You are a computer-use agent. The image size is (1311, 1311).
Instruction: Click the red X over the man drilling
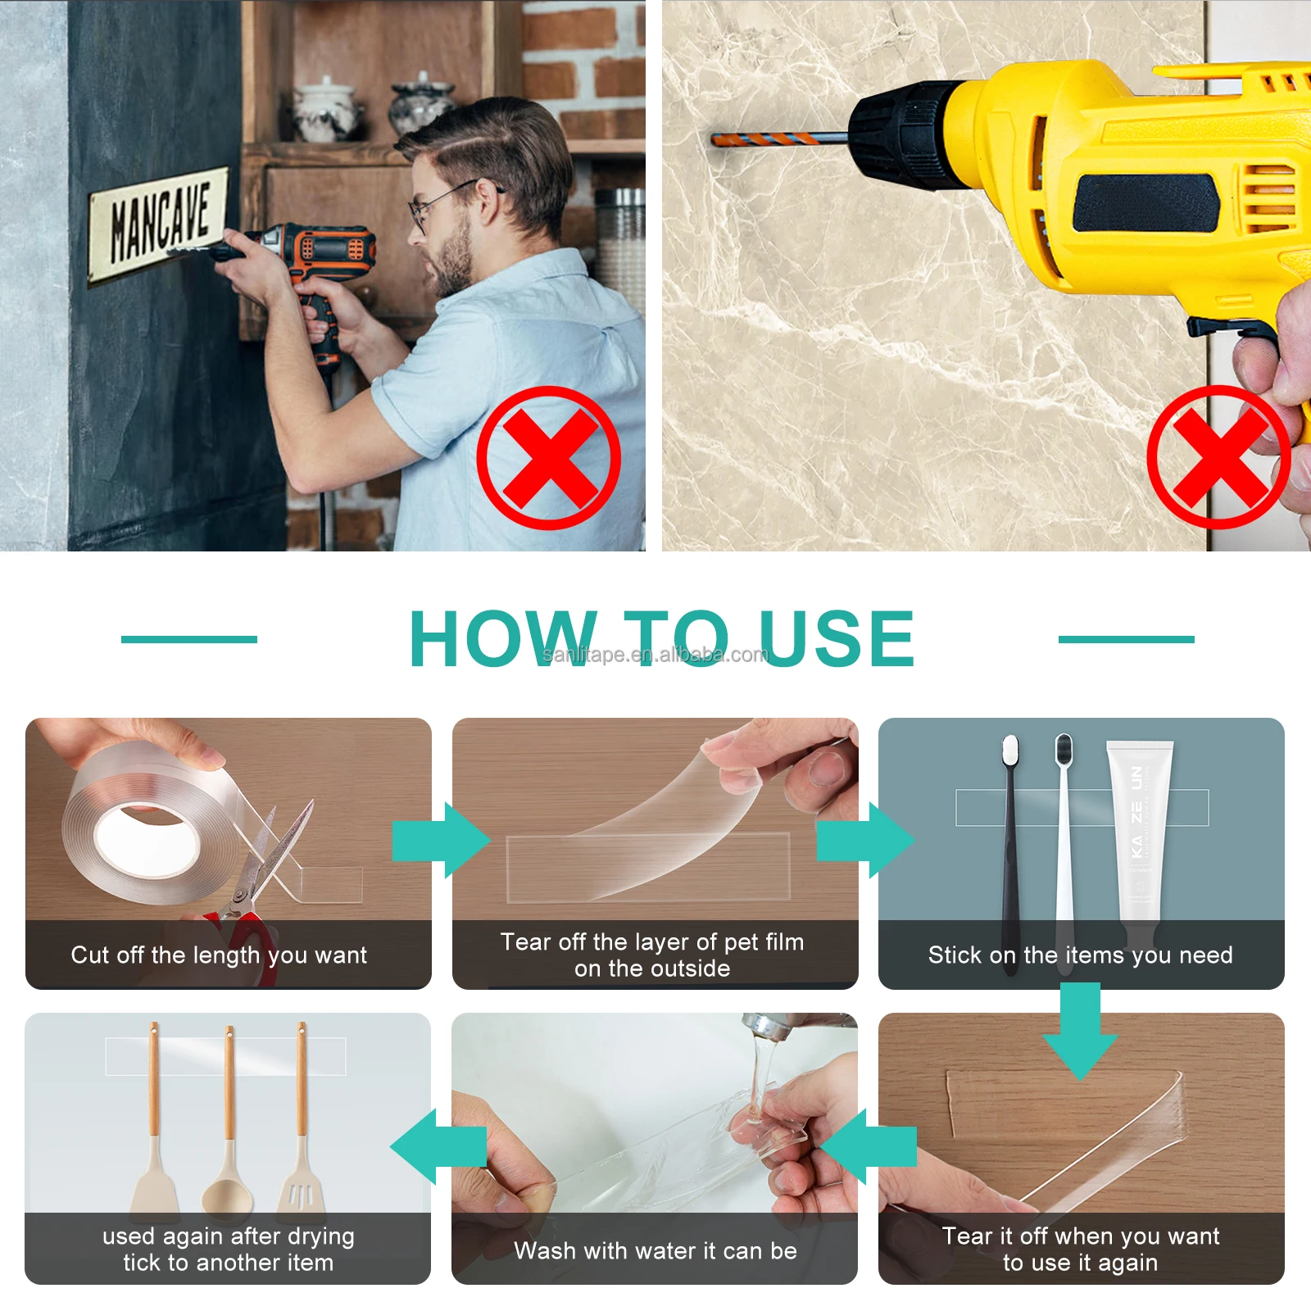point(548,457)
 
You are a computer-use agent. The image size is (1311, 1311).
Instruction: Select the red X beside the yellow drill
point(1218,457)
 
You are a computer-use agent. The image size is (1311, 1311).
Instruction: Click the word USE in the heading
point(837,639)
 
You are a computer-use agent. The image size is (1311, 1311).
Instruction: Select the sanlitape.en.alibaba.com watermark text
point(655,654)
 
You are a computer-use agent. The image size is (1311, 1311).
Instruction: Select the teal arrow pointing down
point(1080,1031)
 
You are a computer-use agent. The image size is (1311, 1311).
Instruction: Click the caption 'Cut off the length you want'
point(219,955)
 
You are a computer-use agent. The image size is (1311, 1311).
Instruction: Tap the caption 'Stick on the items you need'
point(1080,955)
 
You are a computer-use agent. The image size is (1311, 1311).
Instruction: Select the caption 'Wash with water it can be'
point(655,1250)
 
